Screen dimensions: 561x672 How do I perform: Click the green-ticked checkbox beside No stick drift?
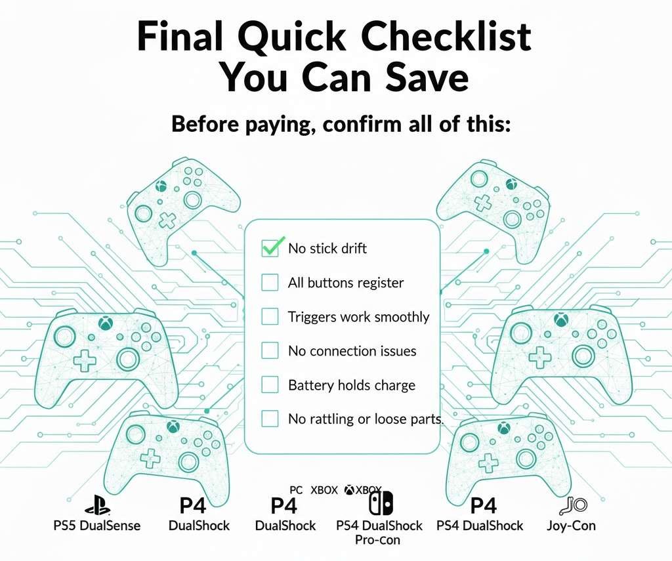(x=270, y=248)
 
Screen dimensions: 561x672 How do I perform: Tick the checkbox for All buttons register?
(x=270, y=283)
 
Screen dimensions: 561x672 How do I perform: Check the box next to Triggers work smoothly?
(x=270, y=317)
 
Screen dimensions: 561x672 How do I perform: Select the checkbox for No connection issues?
(x=270, y=351)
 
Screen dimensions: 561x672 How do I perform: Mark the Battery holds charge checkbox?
(x=270, y=385)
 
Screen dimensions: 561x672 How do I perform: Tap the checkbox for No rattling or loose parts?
(x=270, y=419)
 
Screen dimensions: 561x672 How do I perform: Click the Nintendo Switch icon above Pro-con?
(x=381, y=504)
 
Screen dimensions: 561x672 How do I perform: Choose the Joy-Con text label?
(x=570, y=526)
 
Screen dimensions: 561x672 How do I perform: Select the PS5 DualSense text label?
(x=96, y=526)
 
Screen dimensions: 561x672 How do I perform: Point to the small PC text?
(x=296, y=489)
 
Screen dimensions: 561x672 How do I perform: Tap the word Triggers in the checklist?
(x=312, y=318)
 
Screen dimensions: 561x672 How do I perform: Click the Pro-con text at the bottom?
(x=379, y=540)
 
